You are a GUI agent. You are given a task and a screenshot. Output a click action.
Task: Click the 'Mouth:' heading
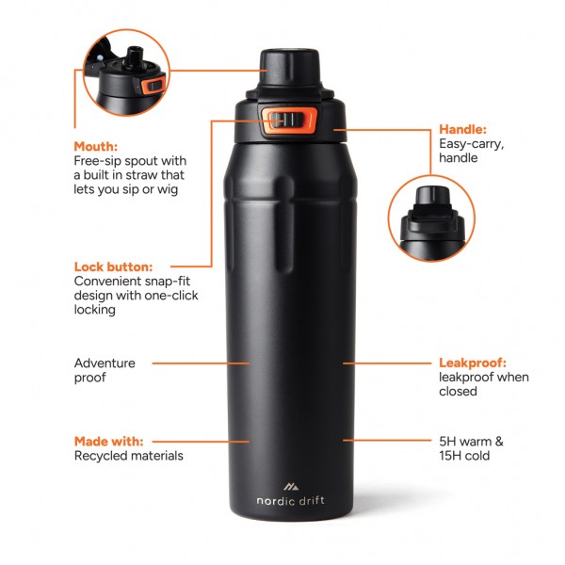click(x=96, y=147)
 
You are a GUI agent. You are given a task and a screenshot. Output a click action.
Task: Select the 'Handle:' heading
click(x=463, y=129)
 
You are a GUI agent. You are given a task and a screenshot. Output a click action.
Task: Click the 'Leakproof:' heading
click(x=474, y=363)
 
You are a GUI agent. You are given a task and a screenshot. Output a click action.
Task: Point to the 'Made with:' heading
click(x=109, y=441)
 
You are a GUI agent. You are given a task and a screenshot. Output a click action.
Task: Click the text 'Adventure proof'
click(x=105, y=370)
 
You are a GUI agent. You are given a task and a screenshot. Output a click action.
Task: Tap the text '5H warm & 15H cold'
click(x=472, y=448)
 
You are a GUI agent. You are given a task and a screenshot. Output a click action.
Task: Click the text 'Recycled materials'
click(x=128, y=456)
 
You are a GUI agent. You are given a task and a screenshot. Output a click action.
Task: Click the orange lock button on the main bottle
click(x=288, y=120)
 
